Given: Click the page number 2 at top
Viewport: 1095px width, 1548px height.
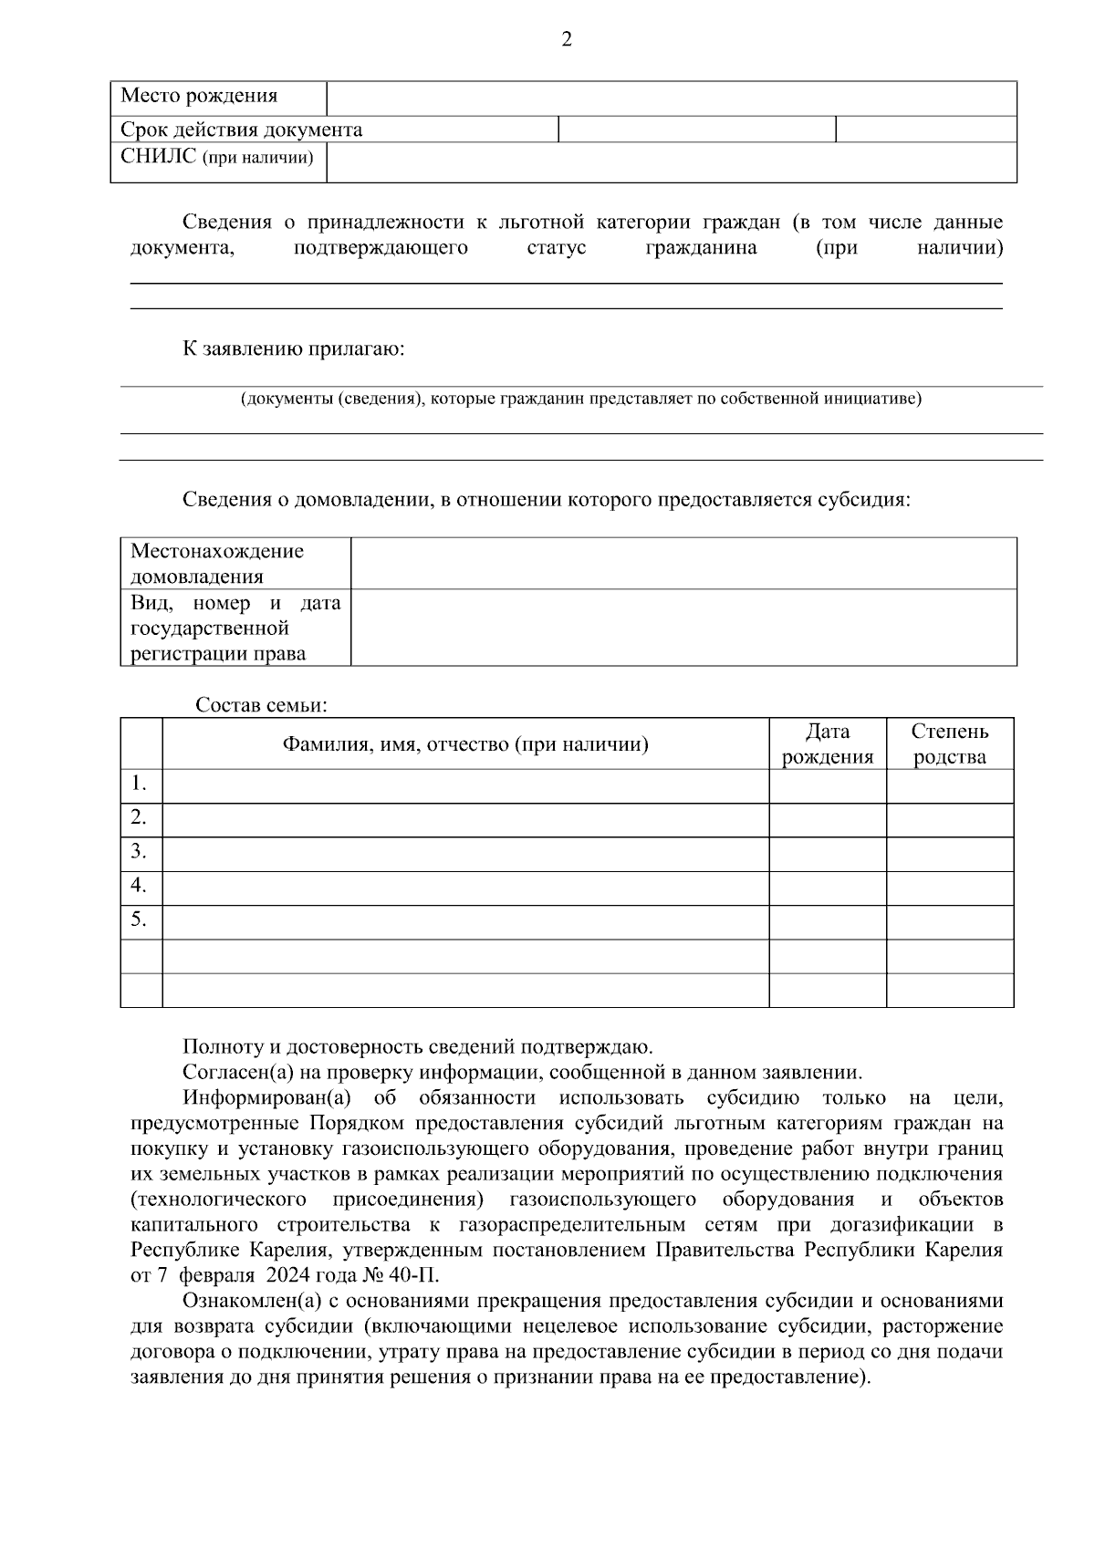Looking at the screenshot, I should (566, 39).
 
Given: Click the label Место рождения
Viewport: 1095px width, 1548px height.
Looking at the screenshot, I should (199, 96).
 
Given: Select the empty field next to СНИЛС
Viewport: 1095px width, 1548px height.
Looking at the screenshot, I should (671, 162).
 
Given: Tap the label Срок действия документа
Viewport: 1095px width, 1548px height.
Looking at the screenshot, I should (241, 130).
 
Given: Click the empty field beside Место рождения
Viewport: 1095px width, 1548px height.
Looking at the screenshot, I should (671, 98).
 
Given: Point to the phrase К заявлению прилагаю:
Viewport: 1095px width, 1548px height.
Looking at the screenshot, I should (293, 348).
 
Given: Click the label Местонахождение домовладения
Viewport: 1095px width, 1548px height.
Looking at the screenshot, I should (217, 563).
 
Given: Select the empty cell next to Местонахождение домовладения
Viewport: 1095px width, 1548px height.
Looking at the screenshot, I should (683, 563).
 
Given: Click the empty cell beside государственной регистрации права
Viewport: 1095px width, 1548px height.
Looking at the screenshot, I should (683, 628).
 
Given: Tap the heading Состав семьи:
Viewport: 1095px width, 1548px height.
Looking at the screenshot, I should (261, 705).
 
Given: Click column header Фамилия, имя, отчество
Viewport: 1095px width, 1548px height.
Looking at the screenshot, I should (464, 744).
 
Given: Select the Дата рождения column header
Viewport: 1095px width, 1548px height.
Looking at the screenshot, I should (827, 743).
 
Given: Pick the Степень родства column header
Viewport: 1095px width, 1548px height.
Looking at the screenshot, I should (949, 743).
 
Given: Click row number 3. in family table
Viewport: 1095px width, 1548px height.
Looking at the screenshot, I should (139, 851).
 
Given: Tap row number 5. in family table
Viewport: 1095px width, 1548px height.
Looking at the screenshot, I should (139, 919).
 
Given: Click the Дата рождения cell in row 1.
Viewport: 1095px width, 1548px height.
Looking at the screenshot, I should (827, 785).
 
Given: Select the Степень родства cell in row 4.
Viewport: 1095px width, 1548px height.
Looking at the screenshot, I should (949, 888).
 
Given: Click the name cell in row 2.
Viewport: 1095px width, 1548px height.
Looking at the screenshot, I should (464, 819).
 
